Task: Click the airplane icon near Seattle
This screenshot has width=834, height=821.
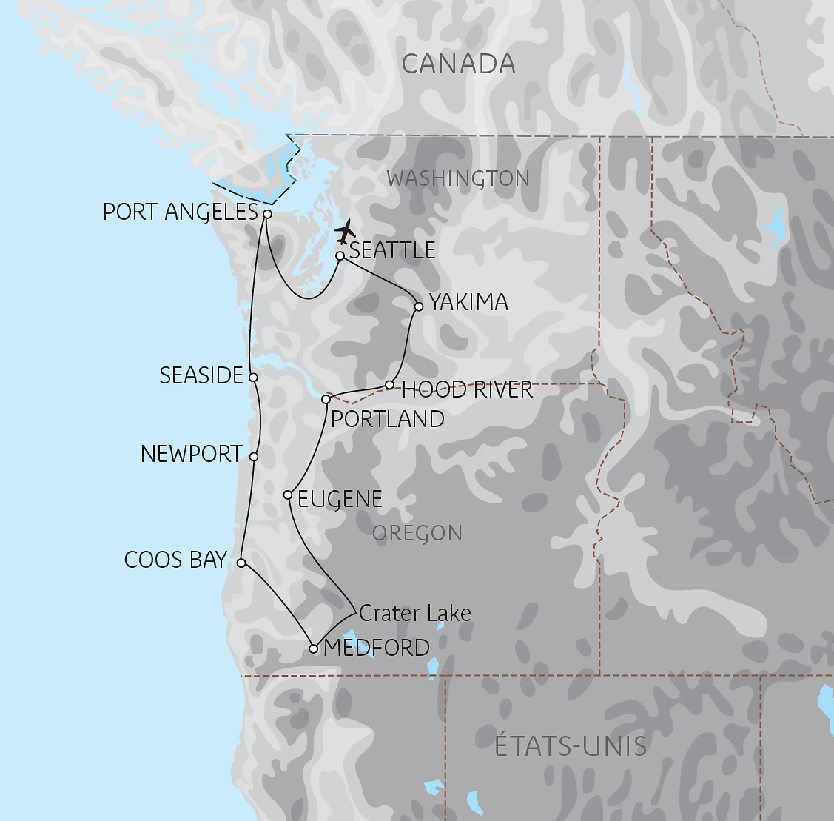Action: click(x=345, y=231)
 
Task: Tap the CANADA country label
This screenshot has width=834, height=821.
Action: click(x=458, y=64)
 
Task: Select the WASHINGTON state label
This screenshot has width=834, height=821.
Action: click(x=458, y=178)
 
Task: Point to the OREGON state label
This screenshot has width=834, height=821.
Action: click(x=417, y=533)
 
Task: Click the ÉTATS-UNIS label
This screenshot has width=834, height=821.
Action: click(x=571, y=745)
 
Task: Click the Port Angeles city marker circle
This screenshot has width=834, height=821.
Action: click(x=268, y=214)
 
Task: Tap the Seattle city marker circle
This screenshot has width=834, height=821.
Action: click(x=340, y=256)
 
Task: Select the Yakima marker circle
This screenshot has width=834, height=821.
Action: click(x=419, y=306)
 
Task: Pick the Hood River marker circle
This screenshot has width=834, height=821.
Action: click(x=390, y=385)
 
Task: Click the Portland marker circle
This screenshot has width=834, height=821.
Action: click(x=326, y=400)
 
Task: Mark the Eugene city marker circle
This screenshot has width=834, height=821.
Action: click(x=289, y=495)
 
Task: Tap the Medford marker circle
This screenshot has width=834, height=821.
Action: click(x=313, y=649)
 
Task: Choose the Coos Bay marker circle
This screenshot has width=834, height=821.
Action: click(x=241, y=563)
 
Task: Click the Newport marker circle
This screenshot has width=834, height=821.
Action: click(x=254, y=457)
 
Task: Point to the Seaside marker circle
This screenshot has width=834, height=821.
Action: click(x=253, y=378)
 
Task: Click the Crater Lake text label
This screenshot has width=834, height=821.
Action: click(x=414, y=613)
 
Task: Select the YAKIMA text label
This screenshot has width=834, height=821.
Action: click(x=468, y=302)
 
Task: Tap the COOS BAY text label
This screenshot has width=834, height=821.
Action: click(x=175, y=560)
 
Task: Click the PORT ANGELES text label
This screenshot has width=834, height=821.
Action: click(x=180, y=212)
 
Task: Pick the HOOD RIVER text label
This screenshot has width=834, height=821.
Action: click(x=467, y=389)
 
